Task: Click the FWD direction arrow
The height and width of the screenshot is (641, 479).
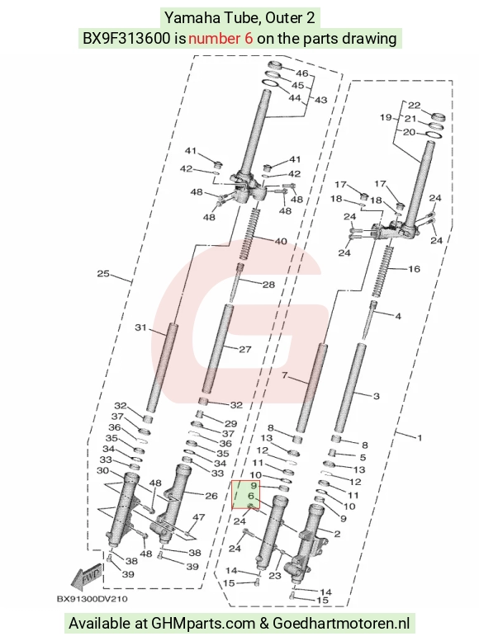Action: tap(86, 577)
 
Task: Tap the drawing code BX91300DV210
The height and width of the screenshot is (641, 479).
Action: tap(92, 599)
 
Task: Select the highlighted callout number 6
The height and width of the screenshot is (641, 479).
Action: tap(251, 496)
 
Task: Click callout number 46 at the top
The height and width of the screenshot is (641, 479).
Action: tap(301, 73)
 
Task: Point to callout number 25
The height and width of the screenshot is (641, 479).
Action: tap(103, 274)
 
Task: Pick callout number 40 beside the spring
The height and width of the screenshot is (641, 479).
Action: tap(281, 241)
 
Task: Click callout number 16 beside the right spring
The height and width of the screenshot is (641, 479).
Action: tap(414, 269)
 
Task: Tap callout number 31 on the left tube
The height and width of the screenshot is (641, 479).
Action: tap(140, 328)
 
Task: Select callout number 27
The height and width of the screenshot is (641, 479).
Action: tap(244, 349)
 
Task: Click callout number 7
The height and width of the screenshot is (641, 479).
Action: tap(285, 375)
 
